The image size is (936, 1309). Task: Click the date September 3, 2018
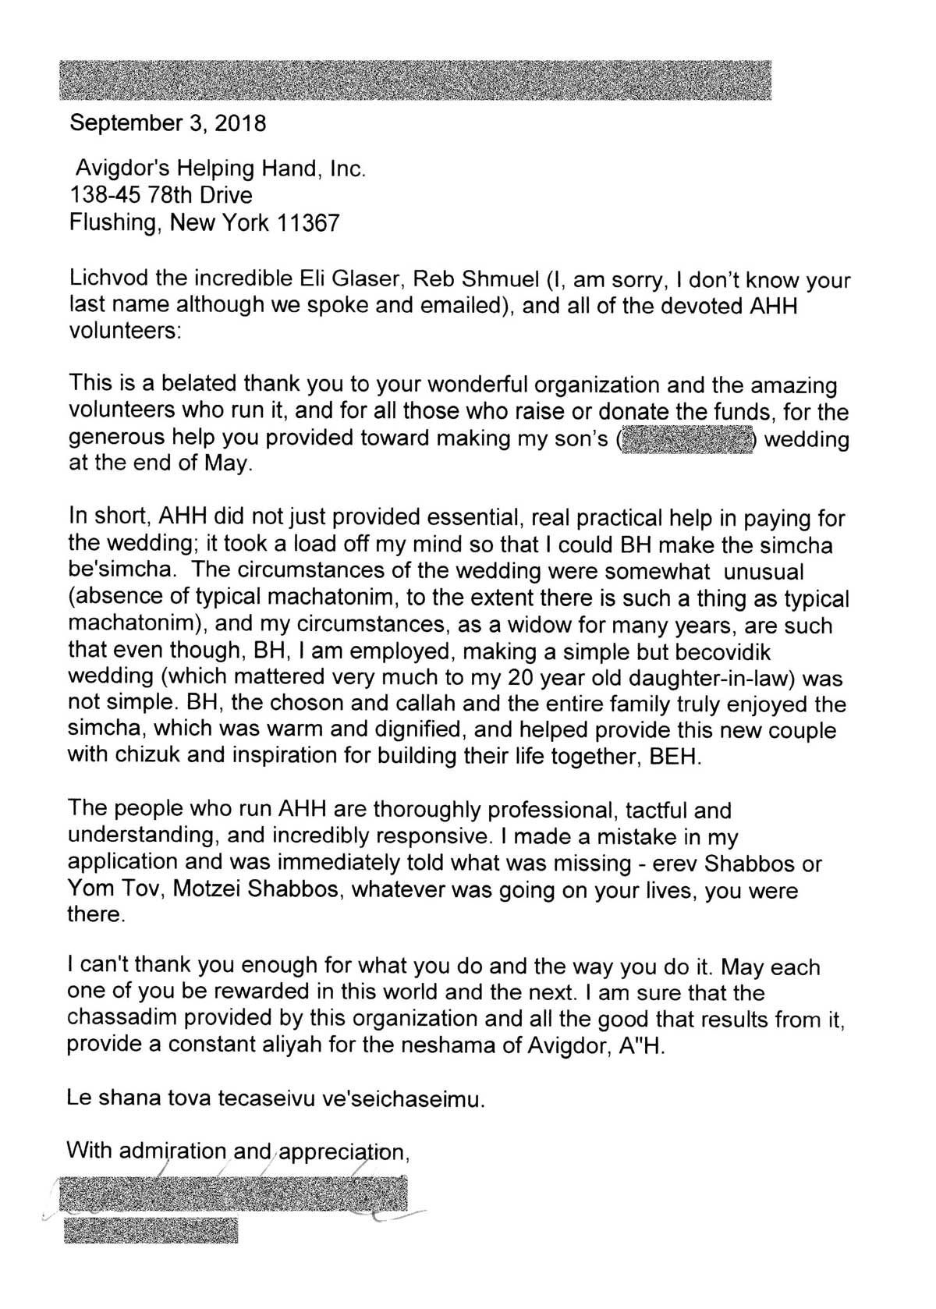point(168,123)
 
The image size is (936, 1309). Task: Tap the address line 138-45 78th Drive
point(161,194)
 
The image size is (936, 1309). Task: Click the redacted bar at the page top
point(414,80)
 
